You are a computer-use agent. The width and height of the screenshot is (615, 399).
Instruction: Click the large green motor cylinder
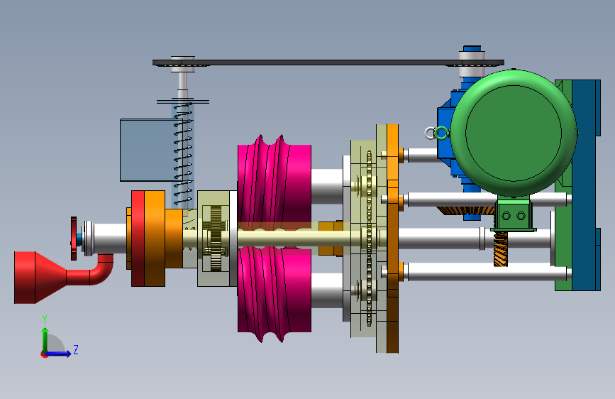tap(514, 133)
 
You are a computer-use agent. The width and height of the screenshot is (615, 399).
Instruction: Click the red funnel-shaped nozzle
tap(39, 278)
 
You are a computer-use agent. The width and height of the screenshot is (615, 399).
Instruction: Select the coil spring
tap(183, 153)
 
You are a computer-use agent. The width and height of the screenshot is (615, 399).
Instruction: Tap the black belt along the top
tap(328, 62)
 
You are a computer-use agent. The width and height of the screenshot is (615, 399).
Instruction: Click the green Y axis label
tap(45, 319)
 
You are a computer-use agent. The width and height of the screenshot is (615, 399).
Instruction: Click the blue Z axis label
tap(76, 349)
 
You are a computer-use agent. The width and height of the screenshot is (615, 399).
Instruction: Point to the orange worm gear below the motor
tap(501, 249)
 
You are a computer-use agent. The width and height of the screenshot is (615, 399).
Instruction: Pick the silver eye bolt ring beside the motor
tap(431, 133)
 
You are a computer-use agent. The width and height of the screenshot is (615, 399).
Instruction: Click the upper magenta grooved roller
tap(275, 180)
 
